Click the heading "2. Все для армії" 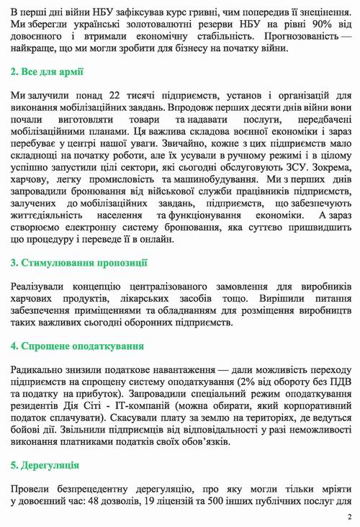[x=48, y=72]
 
